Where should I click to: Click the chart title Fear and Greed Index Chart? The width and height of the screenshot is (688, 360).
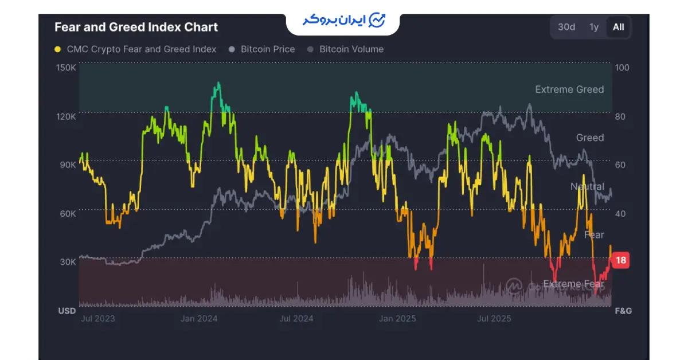[136, 27]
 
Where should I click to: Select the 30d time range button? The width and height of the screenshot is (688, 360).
[566, 27]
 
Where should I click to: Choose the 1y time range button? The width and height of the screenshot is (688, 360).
[594, 27]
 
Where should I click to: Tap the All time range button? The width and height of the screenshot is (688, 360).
[618, 27]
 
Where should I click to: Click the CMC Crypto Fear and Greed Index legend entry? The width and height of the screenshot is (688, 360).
[135, 49]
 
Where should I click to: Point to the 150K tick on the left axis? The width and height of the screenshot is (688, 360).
[67, 68]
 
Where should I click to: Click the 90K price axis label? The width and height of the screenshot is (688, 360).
[68, 165]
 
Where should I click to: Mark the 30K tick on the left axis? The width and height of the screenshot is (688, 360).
[68, 262]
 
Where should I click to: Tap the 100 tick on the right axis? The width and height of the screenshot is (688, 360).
[621, 68]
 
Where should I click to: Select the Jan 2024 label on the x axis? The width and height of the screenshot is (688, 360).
[200, 319]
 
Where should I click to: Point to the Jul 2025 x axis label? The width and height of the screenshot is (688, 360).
[494, 319]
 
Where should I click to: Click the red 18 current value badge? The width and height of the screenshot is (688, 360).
[620, 260]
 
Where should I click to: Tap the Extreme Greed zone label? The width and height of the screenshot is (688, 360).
[569, 89]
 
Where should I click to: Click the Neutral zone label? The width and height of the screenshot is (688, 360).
[587, 186]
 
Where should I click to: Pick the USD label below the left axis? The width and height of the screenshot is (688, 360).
[67, 311]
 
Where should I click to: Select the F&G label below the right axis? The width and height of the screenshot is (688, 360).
[623, 311]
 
